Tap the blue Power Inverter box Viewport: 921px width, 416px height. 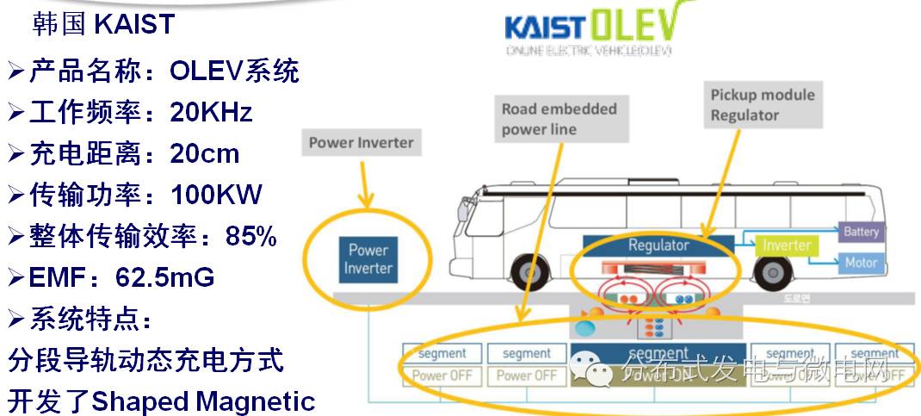pos(368,259)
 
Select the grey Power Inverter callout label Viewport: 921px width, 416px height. pos(362,143)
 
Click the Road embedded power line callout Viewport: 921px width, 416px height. pos(559,119)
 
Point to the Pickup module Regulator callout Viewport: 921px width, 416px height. pos(762,105)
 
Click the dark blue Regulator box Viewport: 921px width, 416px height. pos(658,245)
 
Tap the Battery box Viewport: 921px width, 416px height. pos(861,232)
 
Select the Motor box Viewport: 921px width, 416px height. pos(861,263)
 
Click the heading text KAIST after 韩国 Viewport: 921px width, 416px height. pos(134,24)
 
